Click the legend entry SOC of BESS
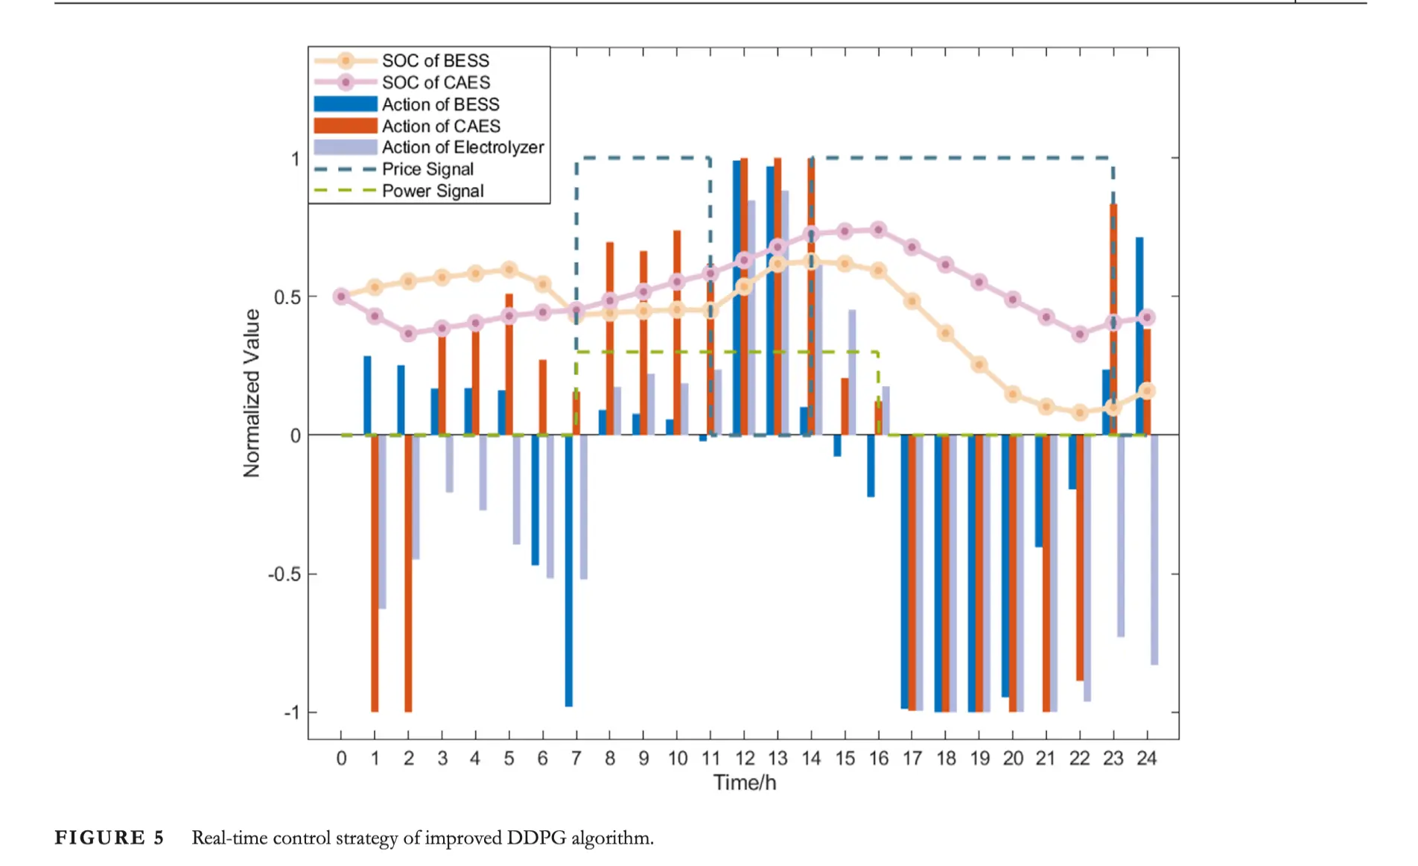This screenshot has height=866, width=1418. (x=435, y=60)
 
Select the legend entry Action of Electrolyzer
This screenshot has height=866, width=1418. (x=462, y=148)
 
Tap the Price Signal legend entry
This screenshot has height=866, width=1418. (x=427, y=169)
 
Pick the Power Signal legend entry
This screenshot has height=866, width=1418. (x=432, y=191)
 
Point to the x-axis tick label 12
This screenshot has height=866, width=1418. (x=745, y=759)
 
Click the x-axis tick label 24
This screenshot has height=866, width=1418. (x=1146, y=759)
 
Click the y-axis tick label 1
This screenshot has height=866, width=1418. (x=295, y=159)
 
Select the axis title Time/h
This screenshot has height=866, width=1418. (x=744, y=783)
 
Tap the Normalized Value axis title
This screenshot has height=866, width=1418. (x=252, y=393)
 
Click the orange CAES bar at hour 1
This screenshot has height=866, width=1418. (x=375, y=574)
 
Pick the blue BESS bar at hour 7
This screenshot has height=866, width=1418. (x=569, y=570)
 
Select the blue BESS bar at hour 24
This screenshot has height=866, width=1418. (x=1139, y=335)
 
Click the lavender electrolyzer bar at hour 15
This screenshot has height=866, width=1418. (x=852, y=373)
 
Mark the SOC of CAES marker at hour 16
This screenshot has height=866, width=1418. (x=878, y=230)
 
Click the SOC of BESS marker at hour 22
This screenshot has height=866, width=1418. (x=1080, y=412)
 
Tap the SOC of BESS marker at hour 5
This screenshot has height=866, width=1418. (x=509, y=269)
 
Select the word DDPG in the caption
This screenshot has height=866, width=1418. (x=536, y=838)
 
